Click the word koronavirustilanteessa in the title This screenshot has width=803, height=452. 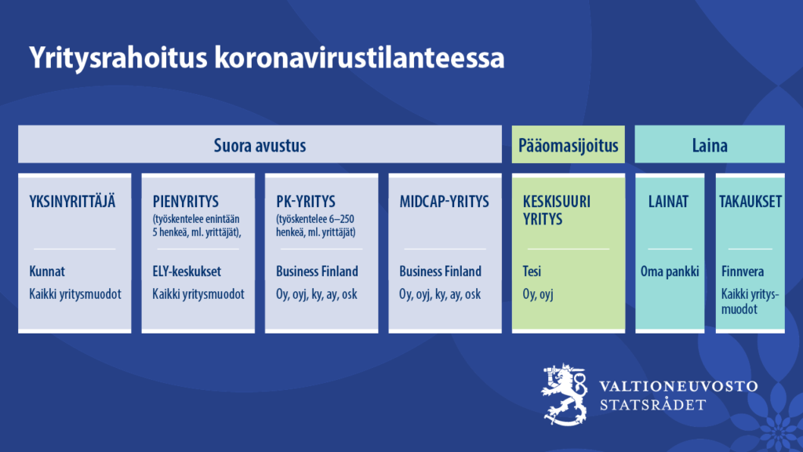359,56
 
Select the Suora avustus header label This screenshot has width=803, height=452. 260,145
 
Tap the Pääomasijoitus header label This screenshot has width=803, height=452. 568,145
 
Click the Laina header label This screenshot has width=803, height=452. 709,145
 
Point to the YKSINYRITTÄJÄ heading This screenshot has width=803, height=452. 72,201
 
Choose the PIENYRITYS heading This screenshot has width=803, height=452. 185,202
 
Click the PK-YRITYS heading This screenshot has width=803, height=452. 306,202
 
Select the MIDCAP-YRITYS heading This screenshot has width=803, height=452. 444,202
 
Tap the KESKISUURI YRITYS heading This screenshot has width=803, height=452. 556,210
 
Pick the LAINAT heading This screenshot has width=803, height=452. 668,202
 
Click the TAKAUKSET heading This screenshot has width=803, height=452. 750,202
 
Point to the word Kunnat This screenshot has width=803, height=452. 47,271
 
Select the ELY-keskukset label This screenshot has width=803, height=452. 187,272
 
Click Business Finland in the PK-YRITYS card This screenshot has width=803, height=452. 317,271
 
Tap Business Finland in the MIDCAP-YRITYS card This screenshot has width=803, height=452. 441,271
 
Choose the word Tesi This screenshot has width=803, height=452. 532,271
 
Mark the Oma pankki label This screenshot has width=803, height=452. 670,272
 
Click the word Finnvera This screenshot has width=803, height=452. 743,271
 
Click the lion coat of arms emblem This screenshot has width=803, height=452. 565,394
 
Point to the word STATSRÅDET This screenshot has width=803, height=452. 653,405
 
